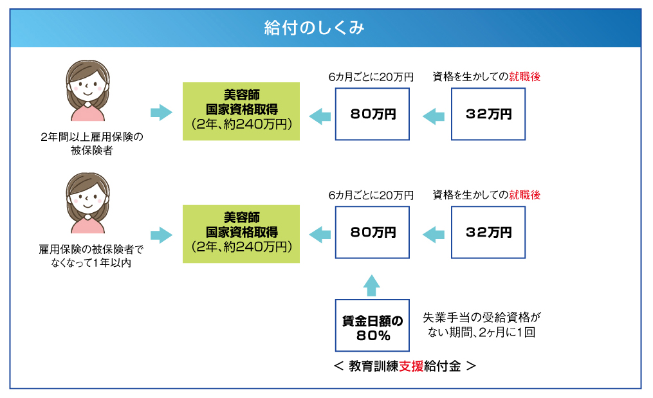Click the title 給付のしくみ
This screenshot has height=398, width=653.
(x=315, y=28)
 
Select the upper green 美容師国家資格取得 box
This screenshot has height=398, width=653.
(x=241, y=111)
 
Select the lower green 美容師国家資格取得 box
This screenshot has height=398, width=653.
(x=241, y=234)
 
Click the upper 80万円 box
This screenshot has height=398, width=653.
(x=372, y=114)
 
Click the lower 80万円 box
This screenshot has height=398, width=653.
(x=372, y=232)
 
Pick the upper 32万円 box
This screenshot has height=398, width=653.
(x=488, y=114)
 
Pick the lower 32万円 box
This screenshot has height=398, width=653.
(x=488, y=232)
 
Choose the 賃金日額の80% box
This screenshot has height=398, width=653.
(x=372, y=325)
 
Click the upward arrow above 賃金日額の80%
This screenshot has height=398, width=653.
(x=371, y=285)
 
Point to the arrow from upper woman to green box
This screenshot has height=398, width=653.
(x=161, y=113)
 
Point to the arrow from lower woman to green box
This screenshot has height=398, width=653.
(x=161, y=235)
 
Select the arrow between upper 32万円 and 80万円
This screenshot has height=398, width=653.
(x=434, y=116)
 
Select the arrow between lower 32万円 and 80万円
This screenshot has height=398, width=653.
(x=434, y=235)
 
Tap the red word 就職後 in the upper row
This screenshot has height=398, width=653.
(x=525, y=77)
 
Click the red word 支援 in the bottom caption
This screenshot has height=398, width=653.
(x=412, y=366)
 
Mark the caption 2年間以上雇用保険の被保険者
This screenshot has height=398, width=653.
(x=91, y=143)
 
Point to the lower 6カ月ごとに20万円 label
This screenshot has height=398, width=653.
(x=371, y=195)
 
